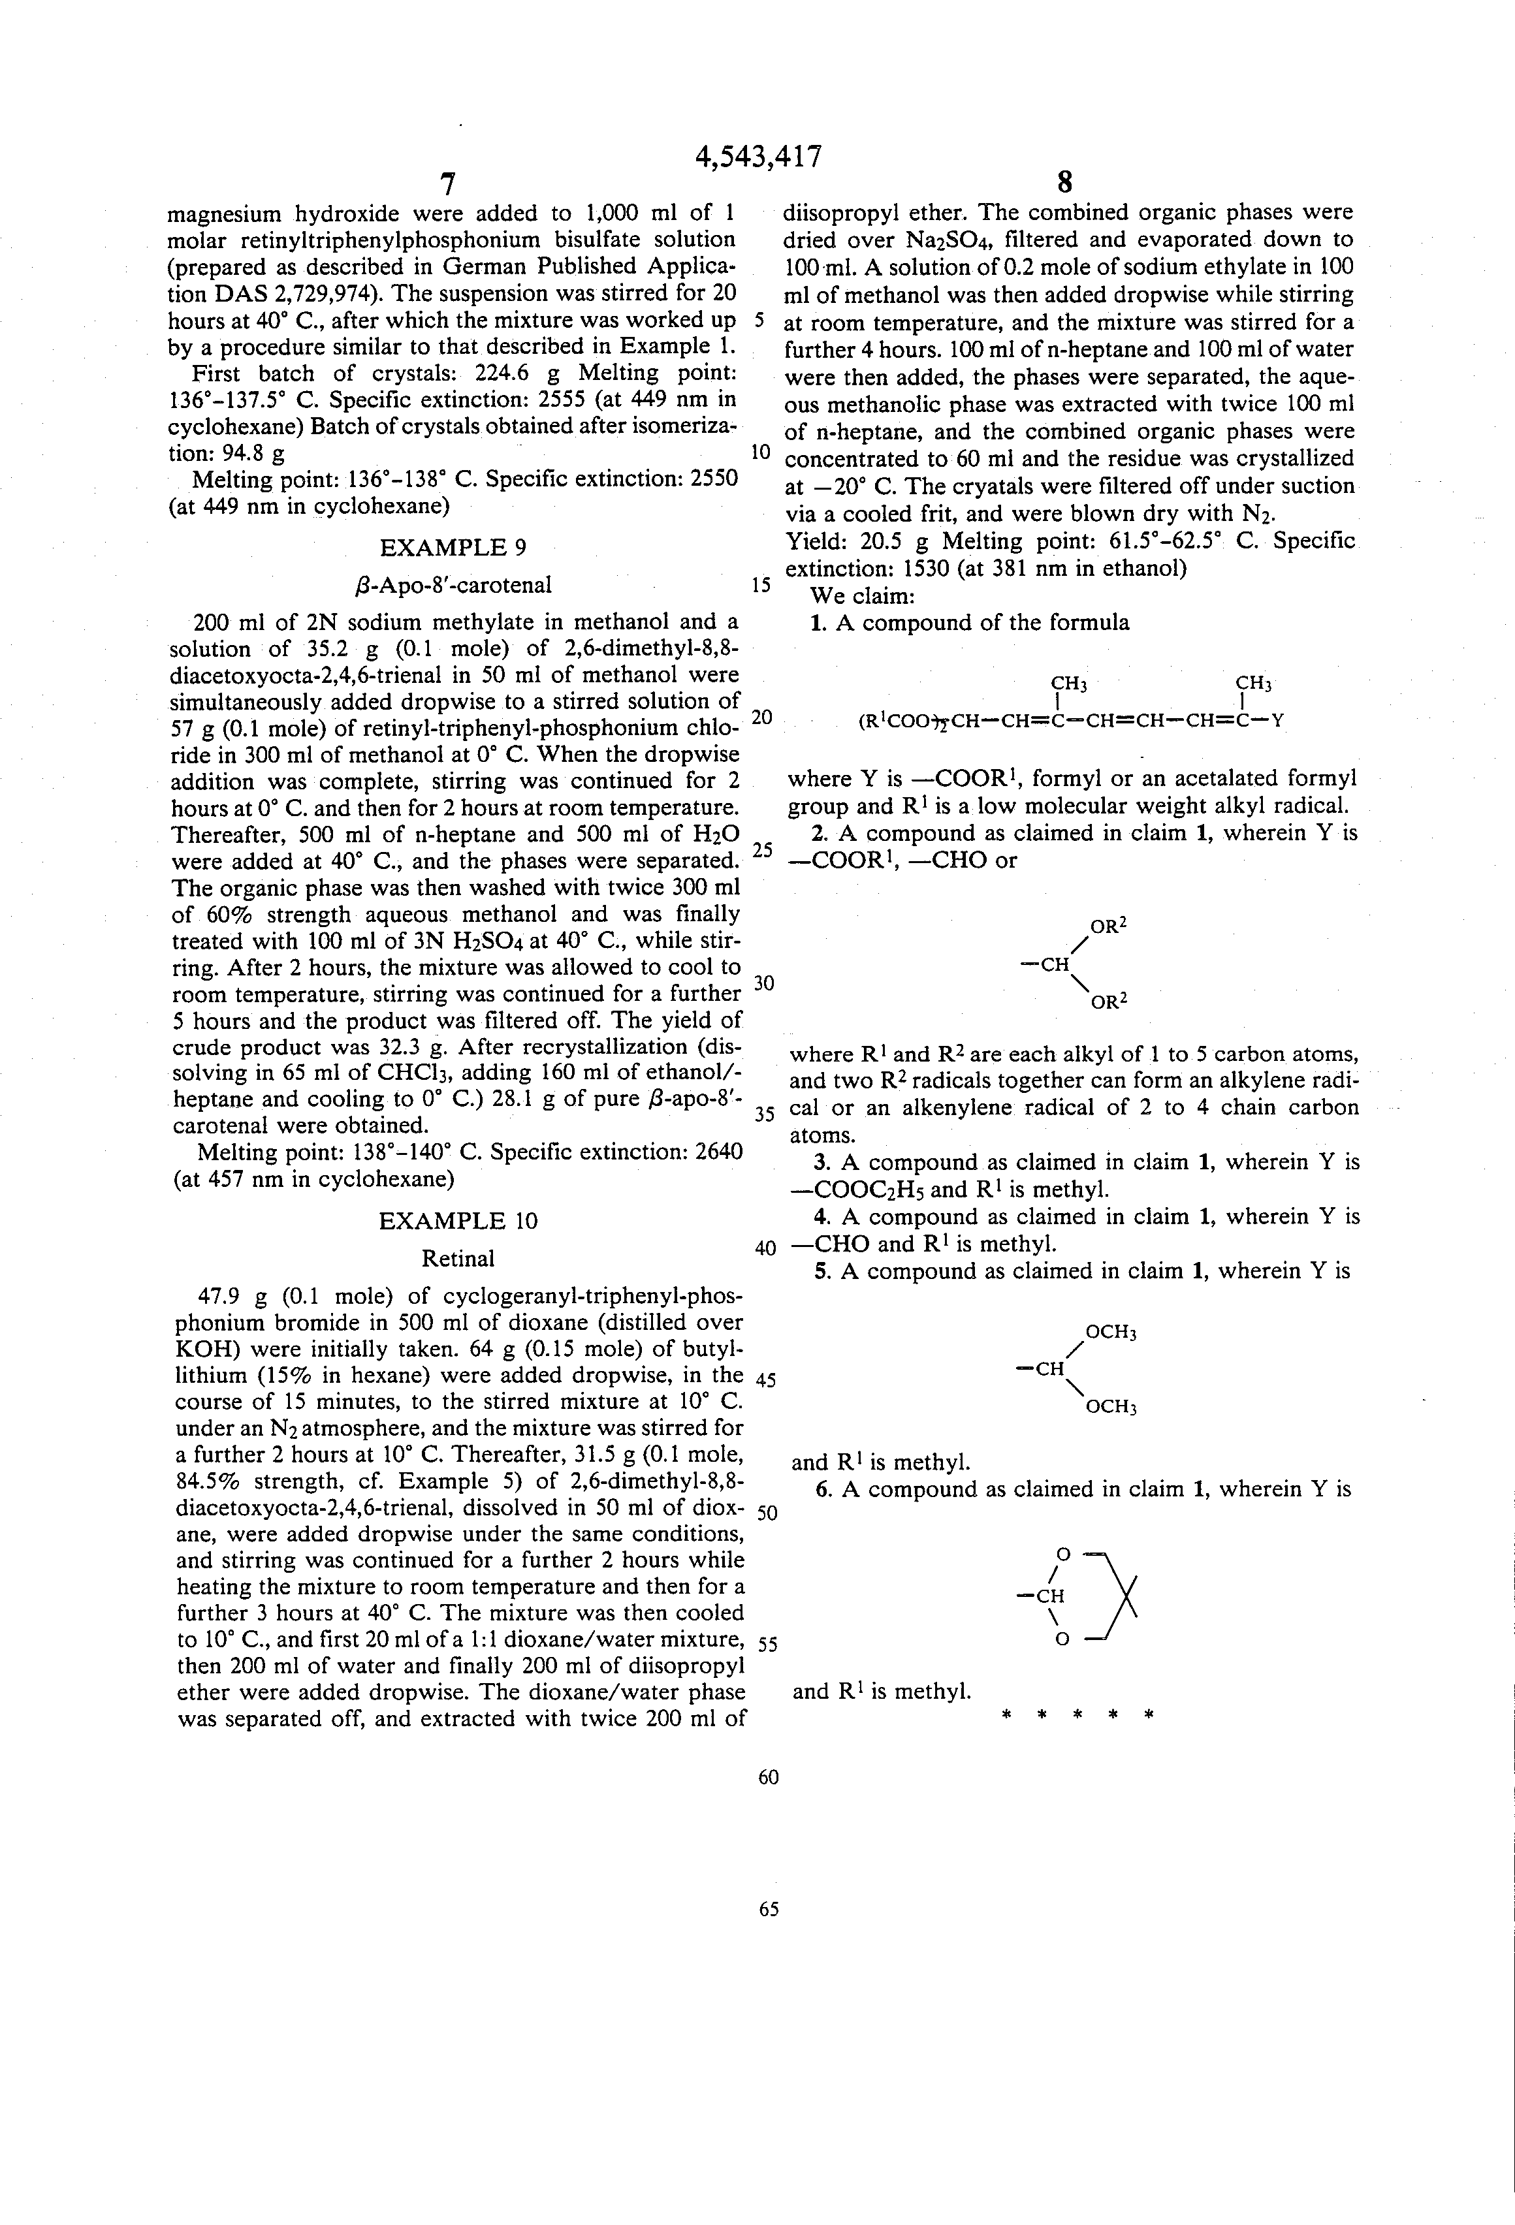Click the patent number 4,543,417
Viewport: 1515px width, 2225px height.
tap(757, 156)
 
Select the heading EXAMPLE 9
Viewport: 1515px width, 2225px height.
tap(453, 548)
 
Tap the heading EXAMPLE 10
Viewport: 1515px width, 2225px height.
tap(458, 1221)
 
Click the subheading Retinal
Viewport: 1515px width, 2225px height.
tap(458, 1258)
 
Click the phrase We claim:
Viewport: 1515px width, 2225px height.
tap(863, 597)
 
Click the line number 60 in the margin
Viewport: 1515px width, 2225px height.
tap(768, 1777)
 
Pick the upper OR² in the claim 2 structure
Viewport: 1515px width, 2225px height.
tap(1109, 926)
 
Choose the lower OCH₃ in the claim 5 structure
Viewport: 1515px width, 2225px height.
tap(1110, 1408)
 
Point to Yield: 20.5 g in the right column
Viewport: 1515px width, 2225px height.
tap(857, 542)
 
